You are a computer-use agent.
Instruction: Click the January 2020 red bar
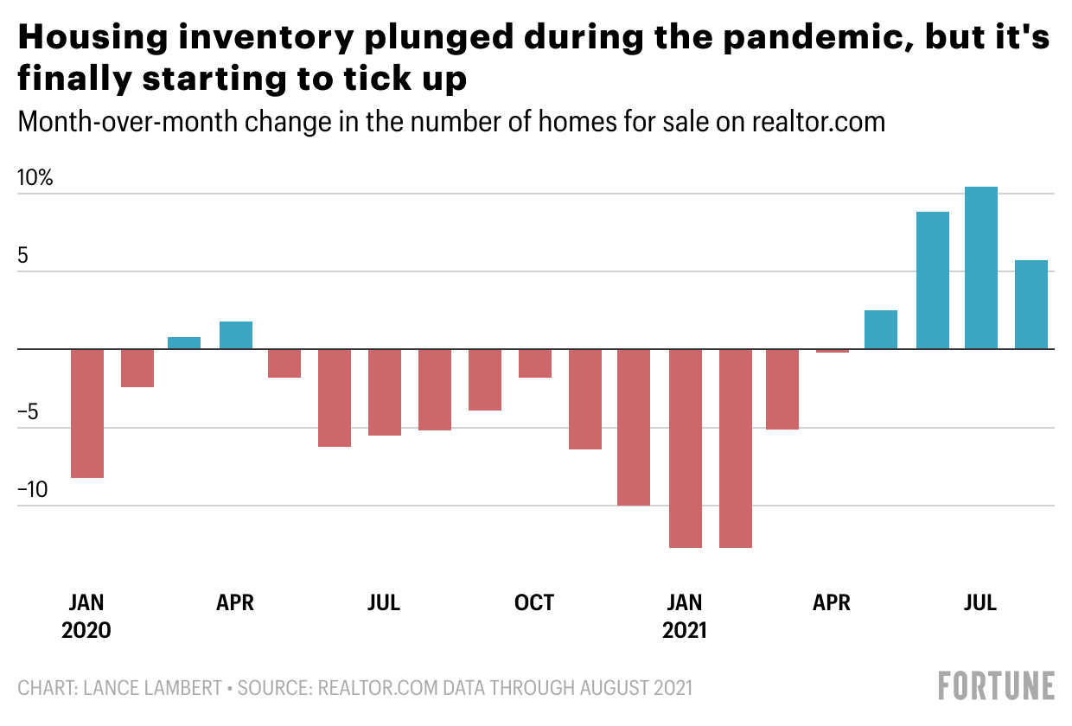87,413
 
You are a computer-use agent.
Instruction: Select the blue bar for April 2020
236,335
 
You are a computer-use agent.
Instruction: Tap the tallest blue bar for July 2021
981,268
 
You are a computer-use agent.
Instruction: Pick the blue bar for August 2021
1031,305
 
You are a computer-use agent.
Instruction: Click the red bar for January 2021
686,448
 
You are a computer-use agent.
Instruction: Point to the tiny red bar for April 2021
833,351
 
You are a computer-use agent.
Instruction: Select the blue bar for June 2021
933,280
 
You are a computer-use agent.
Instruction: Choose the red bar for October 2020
535,364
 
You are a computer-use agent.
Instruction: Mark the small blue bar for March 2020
184,343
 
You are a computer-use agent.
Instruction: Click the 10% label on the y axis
35,179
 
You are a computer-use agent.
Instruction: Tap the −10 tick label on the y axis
35,490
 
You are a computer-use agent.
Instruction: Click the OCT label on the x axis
534,602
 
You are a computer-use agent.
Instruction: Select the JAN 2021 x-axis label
685,615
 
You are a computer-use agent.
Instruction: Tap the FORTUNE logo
997,685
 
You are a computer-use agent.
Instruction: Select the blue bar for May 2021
881,329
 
